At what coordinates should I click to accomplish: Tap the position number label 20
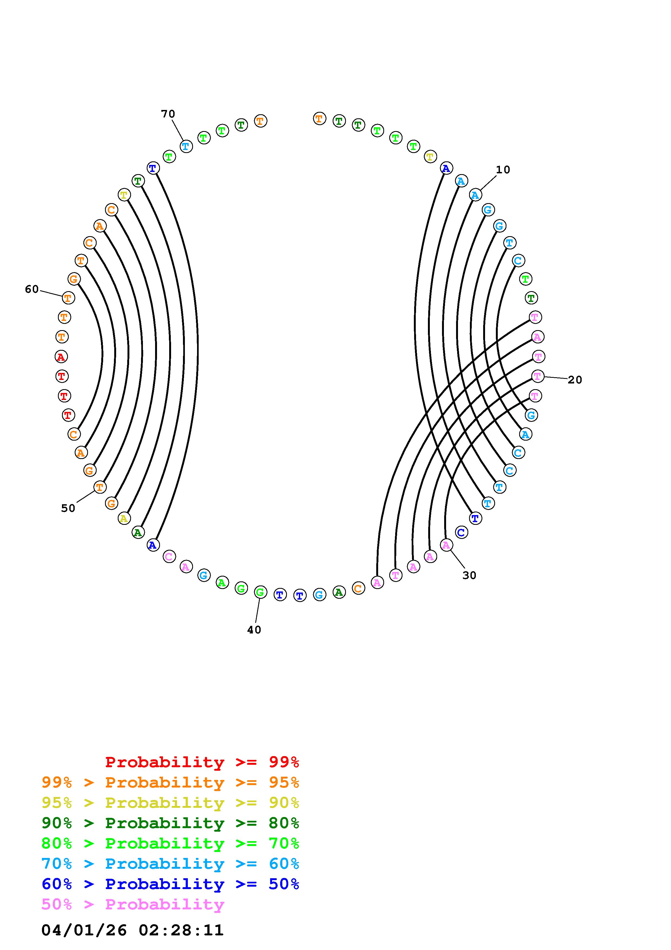575,380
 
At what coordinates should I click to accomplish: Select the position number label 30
469,575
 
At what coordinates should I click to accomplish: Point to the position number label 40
254,630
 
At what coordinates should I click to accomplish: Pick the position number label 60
32,289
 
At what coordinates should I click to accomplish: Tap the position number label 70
168,114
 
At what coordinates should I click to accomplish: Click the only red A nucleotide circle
61,356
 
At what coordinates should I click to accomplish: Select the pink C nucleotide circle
169,557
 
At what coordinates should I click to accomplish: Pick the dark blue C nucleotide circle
461,532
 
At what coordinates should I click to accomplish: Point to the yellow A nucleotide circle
124,518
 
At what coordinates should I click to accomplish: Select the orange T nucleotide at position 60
68,298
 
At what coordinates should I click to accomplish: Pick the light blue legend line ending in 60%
170,864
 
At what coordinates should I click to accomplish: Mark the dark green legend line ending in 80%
170,823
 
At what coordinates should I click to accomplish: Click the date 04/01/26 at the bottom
84,930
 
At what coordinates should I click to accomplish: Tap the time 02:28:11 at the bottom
181,930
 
